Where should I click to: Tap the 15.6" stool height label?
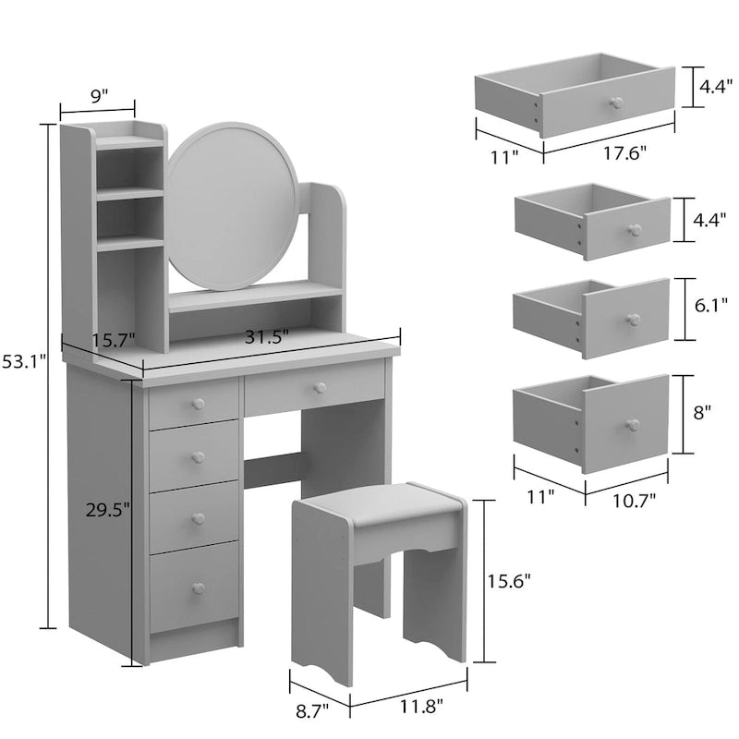(x=509, y=580)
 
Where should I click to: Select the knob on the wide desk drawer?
(x=320, y=386)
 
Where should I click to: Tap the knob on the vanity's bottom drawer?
(x=197, y=588)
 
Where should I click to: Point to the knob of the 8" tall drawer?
(x=632, y=425)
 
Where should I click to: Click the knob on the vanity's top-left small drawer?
(x=197, y=403)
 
